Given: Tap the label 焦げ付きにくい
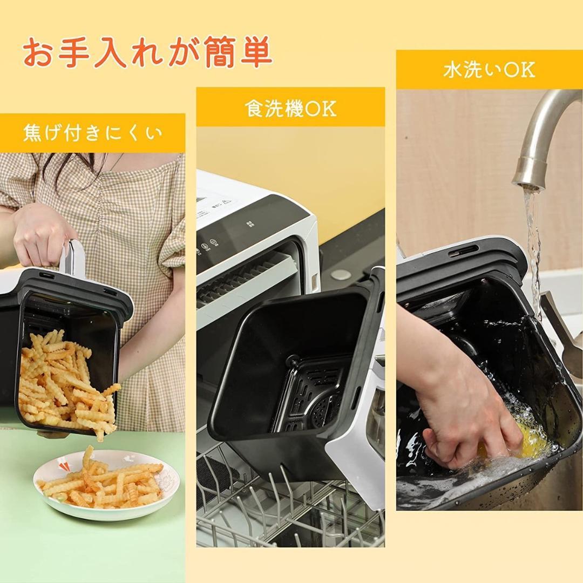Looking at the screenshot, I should [92, 133].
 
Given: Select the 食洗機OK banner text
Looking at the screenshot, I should [290, 108].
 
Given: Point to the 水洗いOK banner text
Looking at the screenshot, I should [489, 70].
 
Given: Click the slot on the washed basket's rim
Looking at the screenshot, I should [463, 251].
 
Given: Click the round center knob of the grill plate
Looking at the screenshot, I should [292, 360].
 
